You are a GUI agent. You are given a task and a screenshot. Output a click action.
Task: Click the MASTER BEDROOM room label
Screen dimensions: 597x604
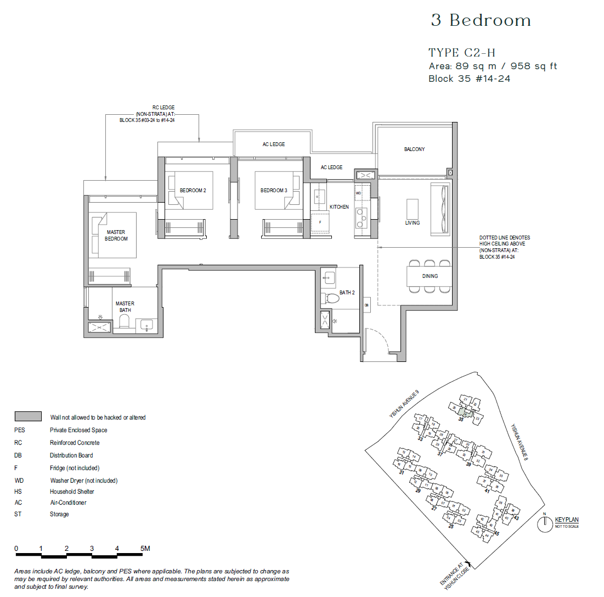(116, 236)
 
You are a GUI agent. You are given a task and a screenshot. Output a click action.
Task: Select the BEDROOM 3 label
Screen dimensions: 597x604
(274, 191)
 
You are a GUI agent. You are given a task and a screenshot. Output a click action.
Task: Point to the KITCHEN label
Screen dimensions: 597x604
(339, 207)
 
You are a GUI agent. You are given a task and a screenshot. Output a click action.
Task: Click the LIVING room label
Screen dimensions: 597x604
(413, 223)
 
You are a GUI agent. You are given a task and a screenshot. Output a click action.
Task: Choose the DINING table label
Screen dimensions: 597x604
(430, 276)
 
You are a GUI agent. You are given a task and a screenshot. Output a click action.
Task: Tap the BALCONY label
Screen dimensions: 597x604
(414, 149)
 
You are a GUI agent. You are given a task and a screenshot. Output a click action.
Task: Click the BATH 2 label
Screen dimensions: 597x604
(347, 293)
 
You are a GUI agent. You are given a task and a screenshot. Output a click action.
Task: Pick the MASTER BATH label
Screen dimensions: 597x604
(125, 307)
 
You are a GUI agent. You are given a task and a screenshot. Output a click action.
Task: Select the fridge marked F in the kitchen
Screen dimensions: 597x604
(320, 223)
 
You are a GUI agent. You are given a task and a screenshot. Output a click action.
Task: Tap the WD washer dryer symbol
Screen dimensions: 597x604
(358, 193)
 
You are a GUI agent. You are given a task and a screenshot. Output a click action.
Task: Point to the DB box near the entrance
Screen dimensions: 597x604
(366, 305)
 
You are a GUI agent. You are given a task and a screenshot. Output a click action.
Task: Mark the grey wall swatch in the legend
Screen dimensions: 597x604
(29, 416)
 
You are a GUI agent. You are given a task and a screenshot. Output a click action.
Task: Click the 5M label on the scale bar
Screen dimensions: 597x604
(145, 549)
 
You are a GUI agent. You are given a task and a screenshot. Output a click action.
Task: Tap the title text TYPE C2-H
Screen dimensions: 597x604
(461, 53)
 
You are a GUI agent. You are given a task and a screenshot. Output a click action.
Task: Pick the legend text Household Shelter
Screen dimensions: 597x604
(72, 492)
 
